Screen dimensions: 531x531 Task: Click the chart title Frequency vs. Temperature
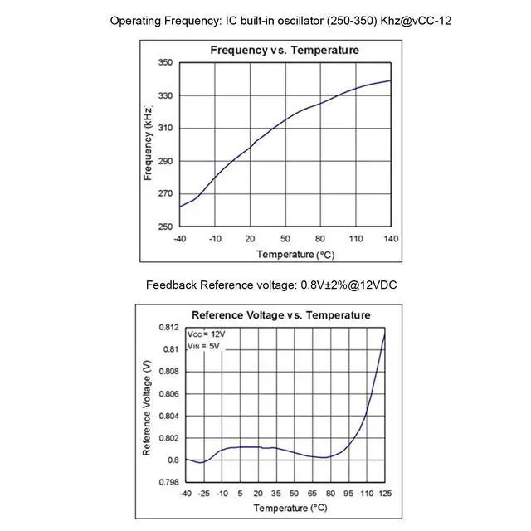pyautogui.click(x=285, y=51)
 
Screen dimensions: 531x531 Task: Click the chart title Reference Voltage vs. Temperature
pyautogui.click(x=280, y=315)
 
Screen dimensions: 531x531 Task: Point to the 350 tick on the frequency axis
pyautogui.click(x=165, y=63)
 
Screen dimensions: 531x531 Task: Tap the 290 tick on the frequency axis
pyautogui.click(x=165, y=162)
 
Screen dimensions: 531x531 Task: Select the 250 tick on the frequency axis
pyautogui.click(x=165, y=227)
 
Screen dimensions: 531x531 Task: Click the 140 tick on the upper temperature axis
pyautogui.click(x=390, y=239)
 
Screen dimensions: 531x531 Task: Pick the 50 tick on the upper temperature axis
pyautogui.click(x=285, y=239)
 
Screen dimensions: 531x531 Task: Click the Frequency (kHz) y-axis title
pyautogui.click(x=148, y=144)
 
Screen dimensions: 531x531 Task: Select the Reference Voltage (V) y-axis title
pyautogui.click(x=147, y=407)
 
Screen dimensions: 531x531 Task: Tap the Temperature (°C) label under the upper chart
pyautogui.click(x=285, y=254)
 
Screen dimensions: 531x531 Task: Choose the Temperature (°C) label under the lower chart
pyautogui.click(x=285, y=507)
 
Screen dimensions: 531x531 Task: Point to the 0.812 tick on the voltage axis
pyautogui.click(x=168, y=328)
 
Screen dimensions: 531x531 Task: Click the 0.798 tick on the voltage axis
pyautogui.click(x=168, y=482)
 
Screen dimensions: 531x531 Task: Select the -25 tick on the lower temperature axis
pyautogui.click(x=203, y=494)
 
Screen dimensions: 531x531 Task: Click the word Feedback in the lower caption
pyautogui.click(x=172, y=285)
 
